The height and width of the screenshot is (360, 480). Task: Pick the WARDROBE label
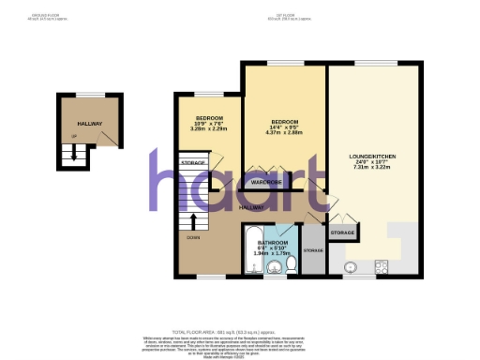(267, 182)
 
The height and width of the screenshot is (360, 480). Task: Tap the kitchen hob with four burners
(383, 263)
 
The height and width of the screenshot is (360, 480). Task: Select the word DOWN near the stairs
(194, 237)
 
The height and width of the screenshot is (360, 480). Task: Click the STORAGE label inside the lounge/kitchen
(342, 232)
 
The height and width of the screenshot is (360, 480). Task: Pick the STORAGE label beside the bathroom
(313, 250)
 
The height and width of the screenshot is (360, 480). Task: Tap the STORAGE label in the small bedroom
(194, 163)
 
